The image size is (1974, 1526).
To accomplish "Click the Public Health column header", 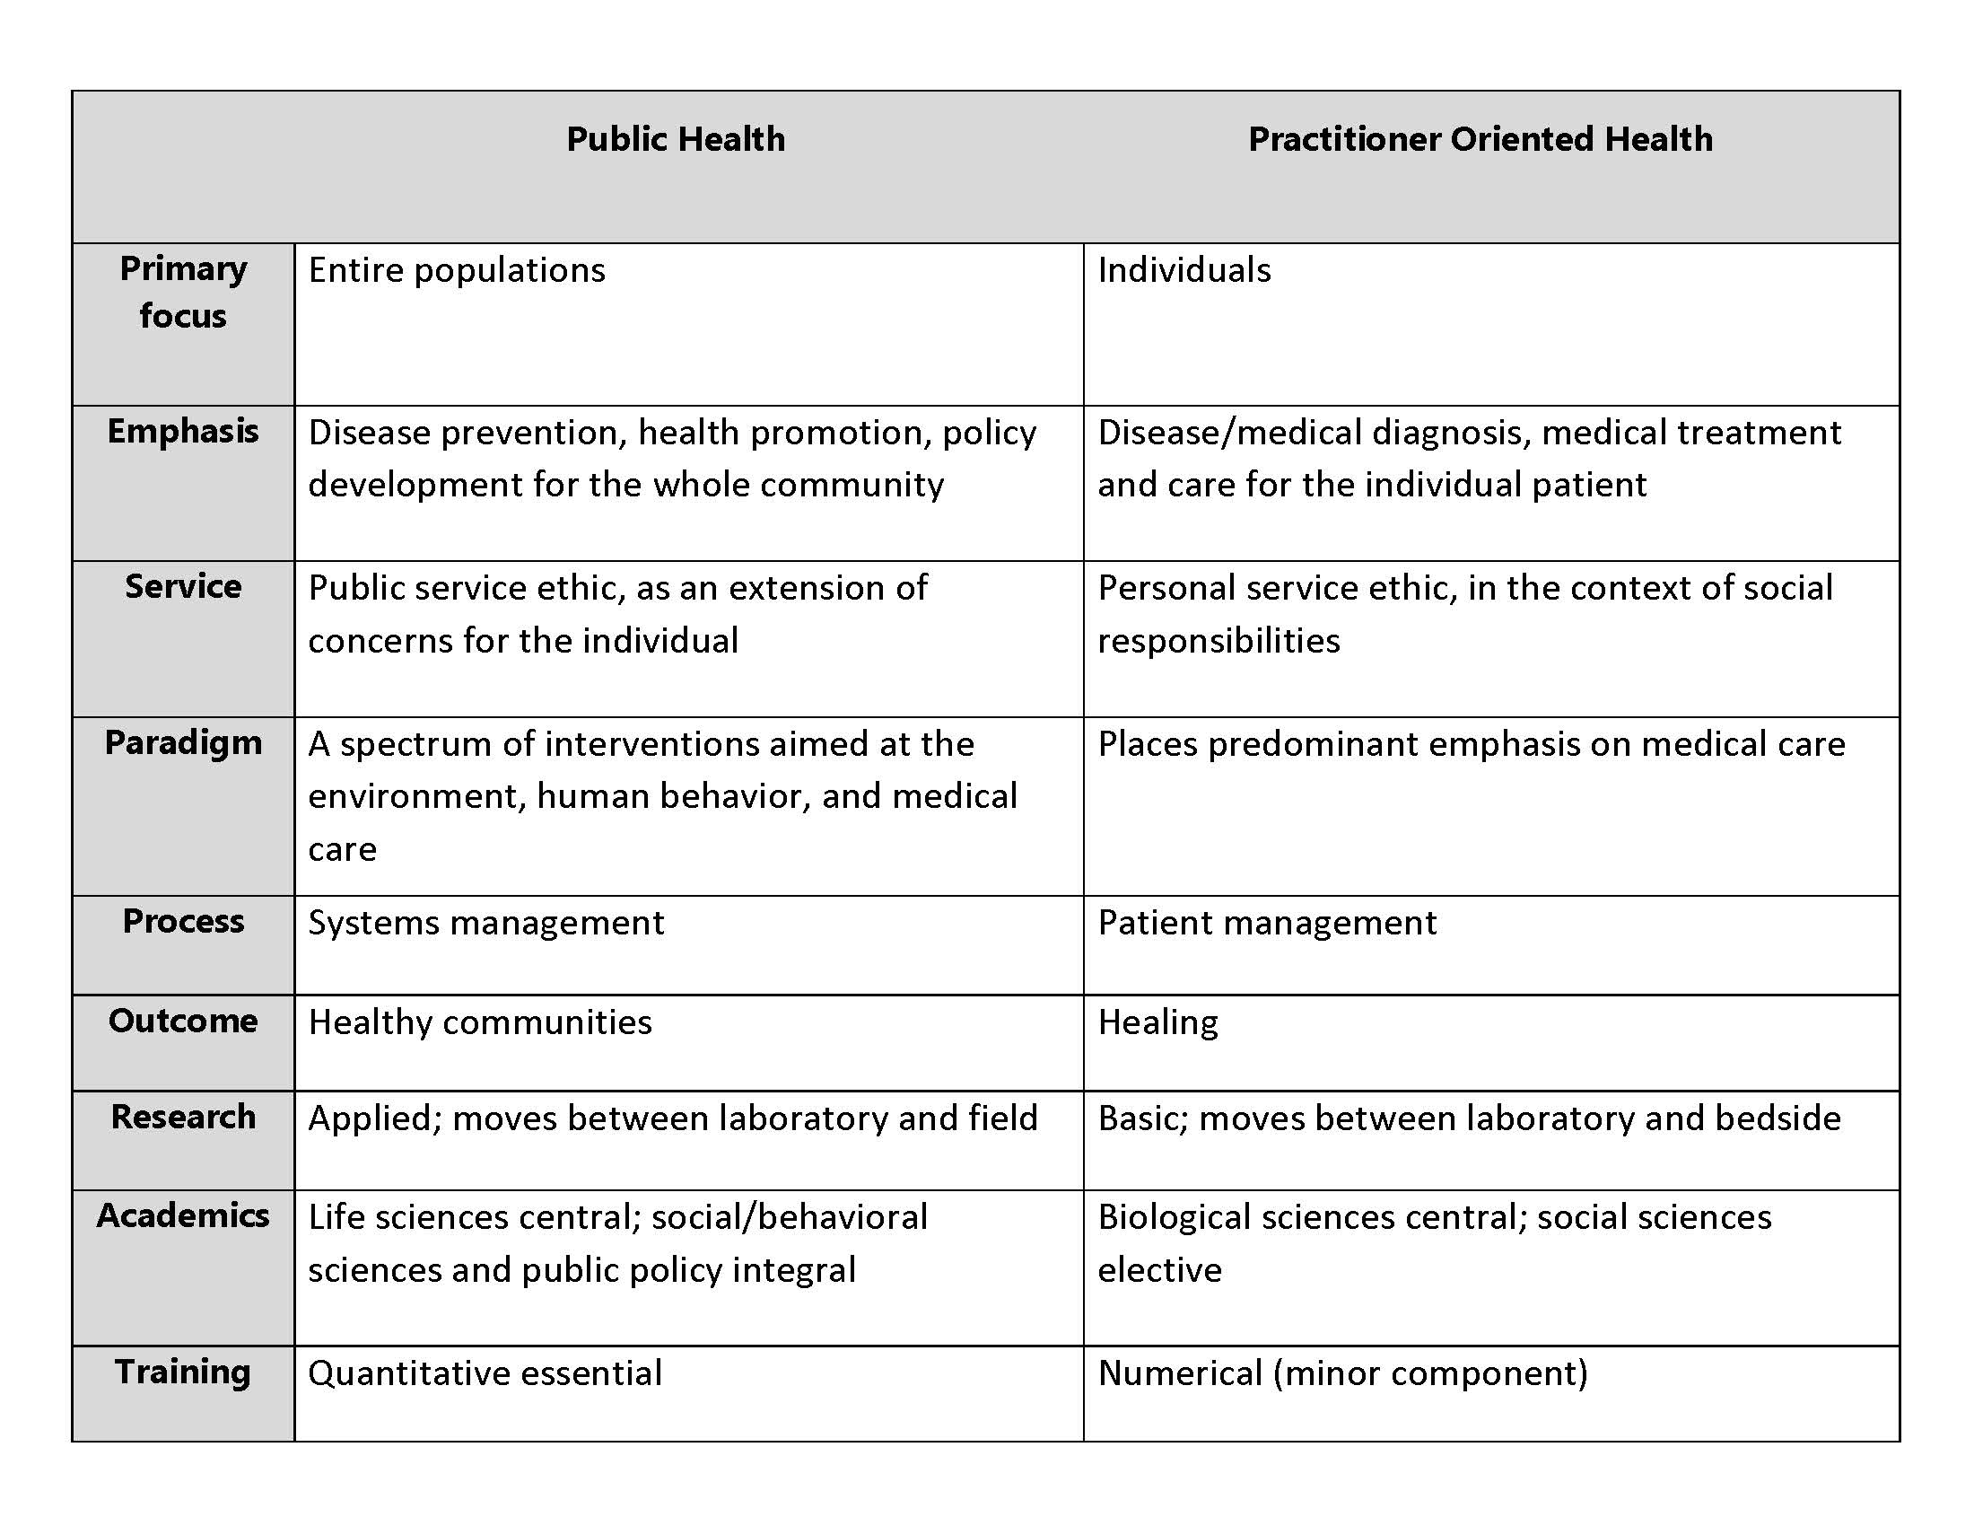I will pos(675,139).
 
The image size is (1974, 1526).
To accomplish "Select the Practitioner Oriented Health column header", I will pos(1480,139).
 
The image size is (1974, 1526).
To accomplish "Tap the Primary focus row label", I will pos(182,292).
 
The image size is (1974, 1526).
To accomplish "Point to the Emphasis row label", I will pos(182,431).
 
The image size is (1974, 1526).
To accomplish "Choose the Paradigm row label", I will pos(182,742).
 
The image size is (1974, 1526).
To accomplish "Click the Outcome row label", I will pos(182,1021).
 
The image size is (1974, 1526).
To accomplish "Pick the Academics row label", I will pos(182,1216).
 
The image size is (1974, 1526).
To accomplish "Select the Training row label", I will pos(182,1373).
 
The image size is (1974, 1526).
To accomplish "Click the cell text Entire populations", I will pos(457,270).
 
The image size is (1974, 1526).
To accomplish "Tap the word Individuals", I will pos(1184,270).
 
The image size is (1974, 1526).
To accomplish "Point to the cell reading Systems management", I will pos(486,923).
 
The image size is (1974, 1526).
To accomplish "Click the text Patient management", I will pos(1267,923).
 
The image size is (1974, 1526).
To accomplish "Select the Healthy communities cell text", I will pos(480,1022).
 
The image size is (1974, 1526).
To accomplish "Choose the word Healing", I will pos(1157,1022).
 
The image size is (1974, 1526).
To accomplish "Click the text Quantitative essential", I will pos(485,1373).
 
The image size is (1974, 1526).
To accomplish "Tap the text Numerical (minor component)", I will pos(1343,1373).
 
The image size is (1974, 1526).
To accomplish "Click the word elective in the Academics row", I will pos(1159,1270).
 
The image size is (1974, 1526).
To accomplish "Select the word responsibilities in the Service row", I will pos(1218,641).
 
